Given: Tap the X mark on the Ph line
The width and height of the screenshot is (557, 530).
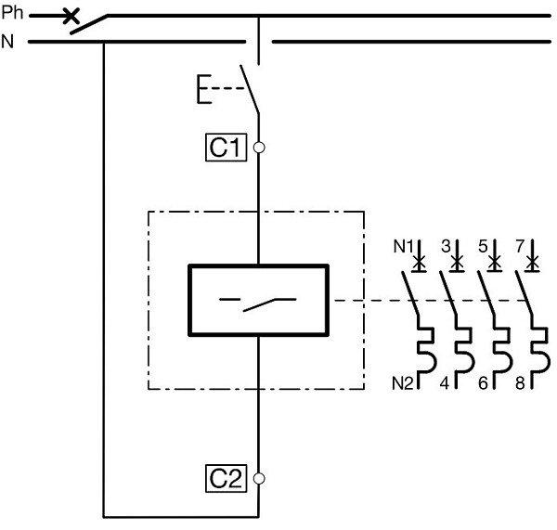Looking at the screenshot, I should pyautogui.click(x=70, y=16).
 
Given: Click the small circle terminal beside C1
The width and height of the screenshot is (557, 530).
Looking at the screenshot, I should pyautogui.click(x=259, y=147).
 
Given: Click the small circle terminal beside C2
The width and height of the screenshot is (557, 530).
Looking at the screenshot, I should pyautogui.click(x=259, y=478).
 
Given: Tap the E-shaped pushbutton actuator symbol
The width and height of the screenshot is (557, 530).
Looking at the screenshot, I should pyautogui.click(x=202, y=90).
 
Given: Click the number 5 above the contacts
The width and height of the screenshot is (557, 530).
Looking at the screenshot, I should pyautogui.click(x=482, y=247).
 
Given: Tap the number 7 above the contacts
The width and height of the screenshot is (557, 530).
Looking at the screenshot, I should pyautogui.click(x=519, y=247).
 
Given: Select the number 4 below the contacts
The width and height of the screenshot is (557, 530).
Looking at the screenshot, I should pyautogui.click(x=444, y=381).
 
